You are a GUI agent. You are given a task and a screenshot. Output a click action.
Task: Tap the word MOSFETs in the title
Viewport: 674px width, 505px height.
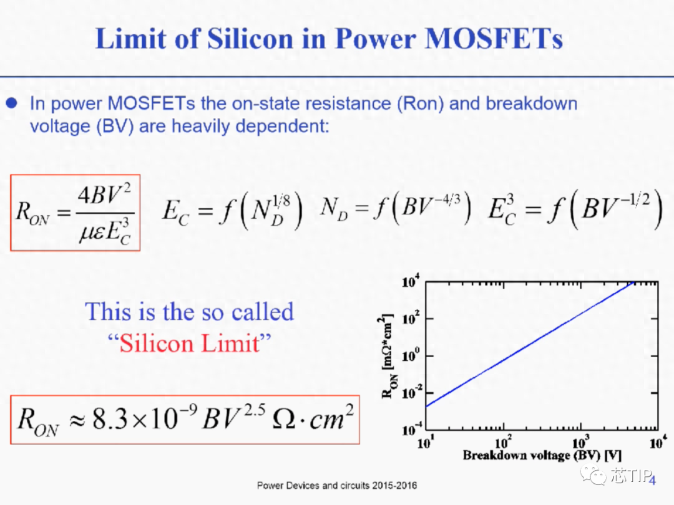(494, 39)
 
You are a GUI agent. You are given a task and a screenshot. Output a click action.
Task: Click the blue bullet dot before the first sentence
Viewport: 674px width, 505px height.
(12, 103)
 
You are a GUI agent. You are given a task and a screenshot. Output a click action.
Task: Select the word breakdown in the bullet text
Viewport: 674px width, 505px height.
(532, 103)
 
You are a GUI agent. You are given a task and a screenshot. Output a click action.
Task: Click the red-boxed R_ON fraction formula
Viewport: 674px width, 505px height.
(76, 213)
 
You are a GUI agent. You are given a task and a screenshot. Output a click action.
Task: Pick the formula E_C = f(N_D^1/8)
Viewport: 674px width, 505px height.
(232, 211)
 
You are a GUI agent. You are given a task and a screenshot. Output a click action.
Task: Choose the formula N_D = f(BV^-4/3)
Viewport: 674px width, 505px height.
(396, 208)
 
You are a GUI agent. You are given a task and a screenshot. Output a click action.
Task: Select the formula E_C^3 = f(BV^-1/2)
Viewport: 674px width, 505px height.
(575, 209)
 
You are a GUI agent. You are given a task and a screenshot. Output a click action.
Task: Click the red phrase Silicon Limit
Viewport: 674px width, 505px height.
(190, 344)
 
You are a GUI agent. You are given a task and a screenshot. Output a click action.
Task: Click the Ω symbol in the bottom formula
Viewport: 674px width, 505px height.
(284, 419)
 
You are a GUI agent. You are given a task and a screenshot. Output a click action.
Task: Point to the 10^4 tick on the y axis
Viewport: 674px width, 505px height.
(411, 282)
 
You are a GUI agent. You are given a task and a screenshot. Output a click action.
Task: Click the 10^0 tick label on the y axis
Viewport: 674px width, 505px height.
(411, 356)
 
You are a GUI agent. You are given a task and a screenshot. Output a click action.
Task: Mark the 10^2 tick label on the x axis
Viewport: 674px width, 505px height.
(503, 442)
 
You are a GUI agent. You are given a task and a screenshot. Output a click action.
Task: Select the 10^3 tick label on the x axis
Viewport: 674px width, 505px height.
(581, 442)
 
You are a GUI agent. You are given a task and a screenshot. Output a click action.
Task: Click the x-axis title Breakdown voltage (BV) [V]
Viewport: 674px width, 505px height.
(542, 455)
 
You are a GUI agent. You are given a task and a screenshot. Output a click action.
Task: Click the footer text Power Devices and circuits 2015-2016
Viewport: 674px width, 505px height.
(337, 486)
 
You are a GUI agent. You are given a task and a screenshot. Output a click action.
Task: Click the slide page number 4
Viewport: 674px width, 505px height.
(653, 480)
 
